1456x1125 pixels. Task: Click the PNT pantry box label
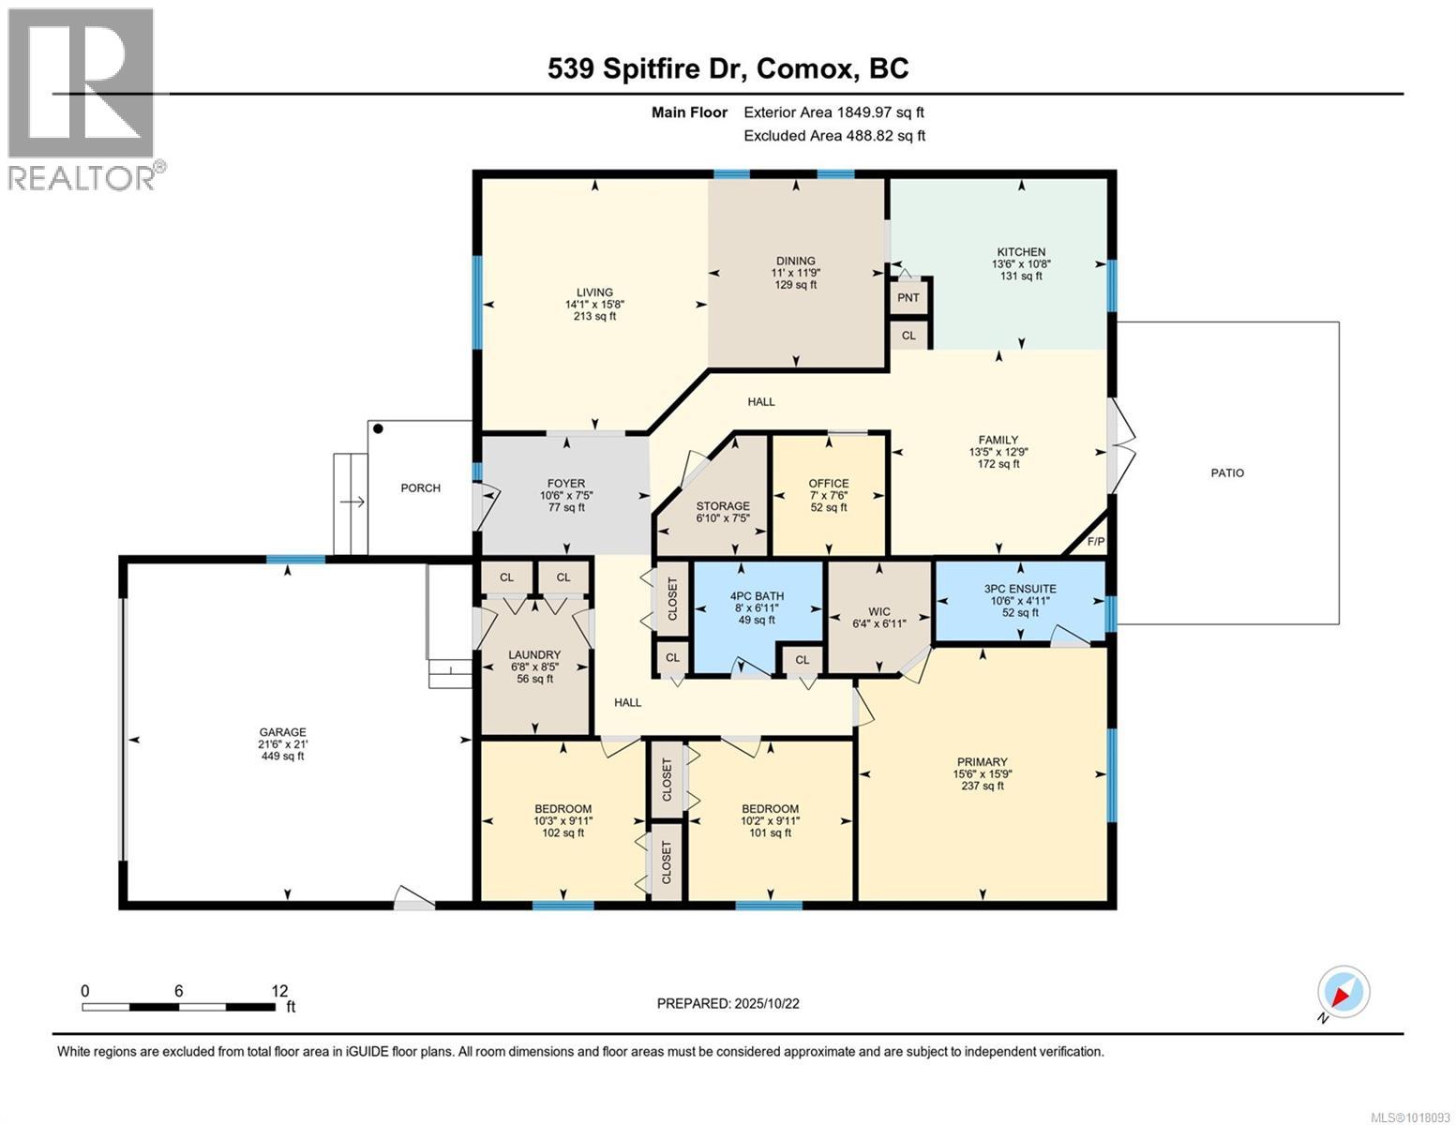click(x=908, y=298)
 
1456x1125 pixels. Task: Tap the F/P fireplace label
click(x=1095, y=542)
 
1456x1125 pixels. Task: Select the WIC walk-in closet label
click(x=878, y=610)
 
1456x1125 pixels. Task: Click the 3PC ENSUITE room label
click(x=1020, y=589)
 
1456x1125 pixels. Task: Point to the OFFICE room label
click(x=828, y=484)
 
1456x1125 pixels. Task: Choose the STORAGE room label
click(x=722, y=506)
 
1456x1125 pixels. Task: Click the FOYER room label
click(x=566, y=484)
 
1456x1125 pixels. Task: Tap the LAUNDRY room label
click(x=534, y=654)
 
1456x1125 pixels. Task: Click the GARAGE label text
click(x=282, y=732)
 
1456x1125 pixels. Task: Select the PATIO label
click(x=1226, y=472)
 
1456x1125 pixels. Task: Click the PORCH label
click(x=420, y=487)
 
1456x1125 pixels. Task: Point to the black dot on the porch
click(x=378, y=429)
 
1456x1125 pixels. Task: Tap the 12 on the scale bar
click(x=278, y=990)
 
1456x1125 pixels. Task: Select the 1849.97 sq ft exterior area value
click(x=880, y=112)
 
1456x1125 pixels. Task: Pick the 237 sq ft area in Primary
click(x=982, y=786)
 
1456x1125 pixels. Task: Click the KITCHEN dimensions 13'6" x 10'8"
click(x=1021, y=264)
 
